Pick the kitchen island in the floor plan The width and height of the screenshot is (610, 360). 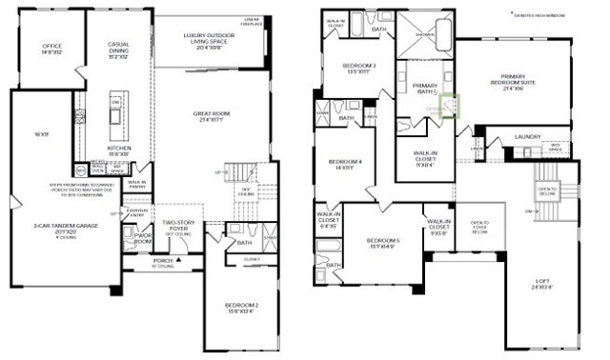point(116,112)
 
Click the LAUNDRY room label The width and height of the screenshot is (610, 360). point(528,136)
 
